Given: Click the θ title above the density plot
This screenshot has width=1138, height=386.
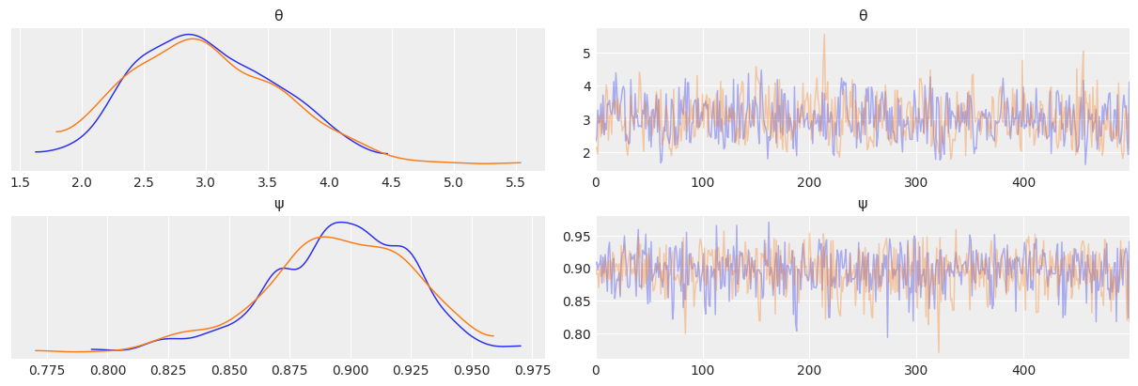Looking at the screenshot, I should coord(278,16).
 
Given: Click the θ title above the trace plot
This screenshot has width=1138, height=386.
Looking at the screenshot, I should coord(863,16).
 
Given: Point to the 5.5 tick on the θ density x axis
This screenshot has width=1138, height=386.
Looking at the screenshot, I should coord(515,182).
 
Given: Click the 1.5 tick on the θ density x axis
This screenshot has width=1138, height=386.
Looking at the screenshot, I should coord(21,182).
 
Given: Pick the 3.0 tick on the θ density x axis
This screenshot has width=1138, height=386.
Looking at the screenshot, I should coord(206,182).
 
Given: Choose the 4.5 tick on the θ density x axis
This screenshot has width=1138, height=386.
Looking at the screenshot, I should coord(391,182).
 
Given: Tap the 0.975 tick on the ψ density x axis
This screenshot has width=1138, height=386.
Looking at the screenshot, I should coord(532,370).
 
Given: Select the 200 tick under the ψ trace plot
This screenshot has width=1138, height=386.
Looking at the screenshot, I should coord(809,370).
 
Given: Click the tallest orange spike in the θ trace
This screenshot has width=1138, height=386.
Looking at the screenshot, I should coord(824,36).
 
